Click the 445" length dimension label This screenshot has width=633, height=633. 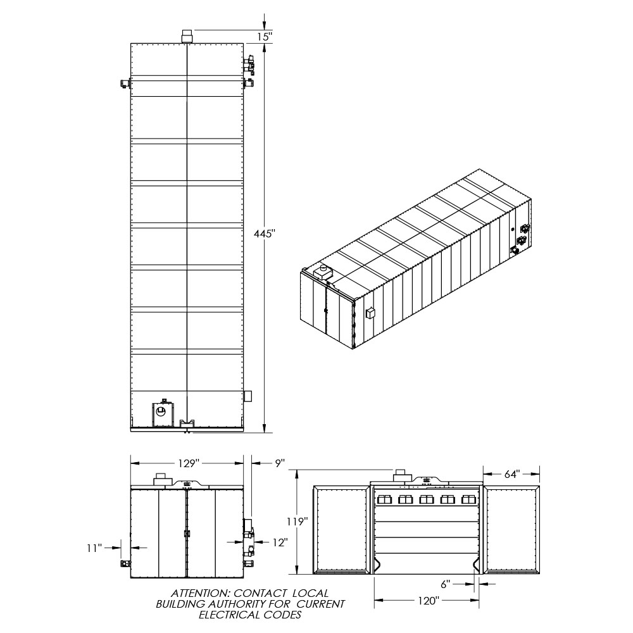click(x=265, y=234)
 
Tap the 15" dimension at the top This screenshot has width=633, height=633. click(x=265, y=37)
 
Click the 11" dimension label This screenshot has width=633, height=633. click(x=94, y=548)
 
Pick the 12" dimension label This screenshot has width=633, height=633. click(x=280, y=542)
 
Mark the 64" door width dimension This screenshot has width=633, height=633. click(x=512, y=474)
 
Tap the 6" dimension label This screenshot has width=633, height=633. click(x=445, y=584)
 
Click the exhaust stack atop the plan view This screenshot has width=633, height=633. click(x=187, y=36)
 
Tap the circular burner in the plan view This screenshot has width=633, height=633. click(x=161, y=412)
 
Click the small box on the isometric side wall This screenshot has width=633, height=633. click(x=370, y=314)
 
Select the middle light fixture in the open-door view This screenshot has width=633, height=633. click(x=426, y=499)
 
